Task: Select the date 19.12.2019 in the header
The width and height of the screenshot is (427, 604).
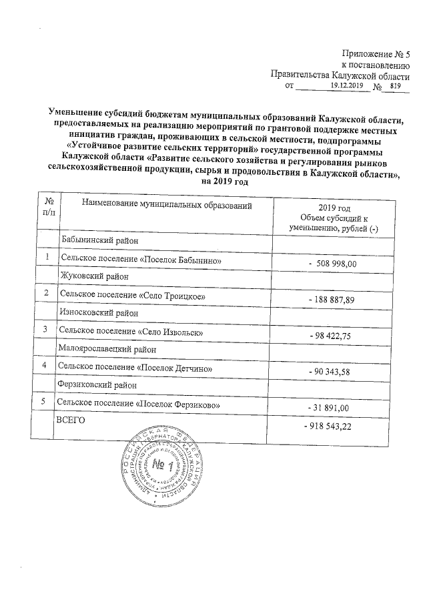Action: click(346, 85)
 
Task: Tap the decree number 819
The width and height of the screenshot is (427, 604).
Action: click(395, 85)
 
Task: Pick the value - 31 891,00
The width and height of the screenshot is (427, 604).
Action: click(331, 408)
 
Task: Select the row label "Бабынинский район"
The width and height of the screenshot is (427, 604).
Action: click(98, 240)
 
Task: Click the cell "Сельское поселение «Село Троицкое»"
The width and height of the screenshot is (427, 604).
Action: click(129, 294)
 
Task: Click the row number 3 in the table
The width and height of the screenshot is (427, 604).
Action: click(45, 329)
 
